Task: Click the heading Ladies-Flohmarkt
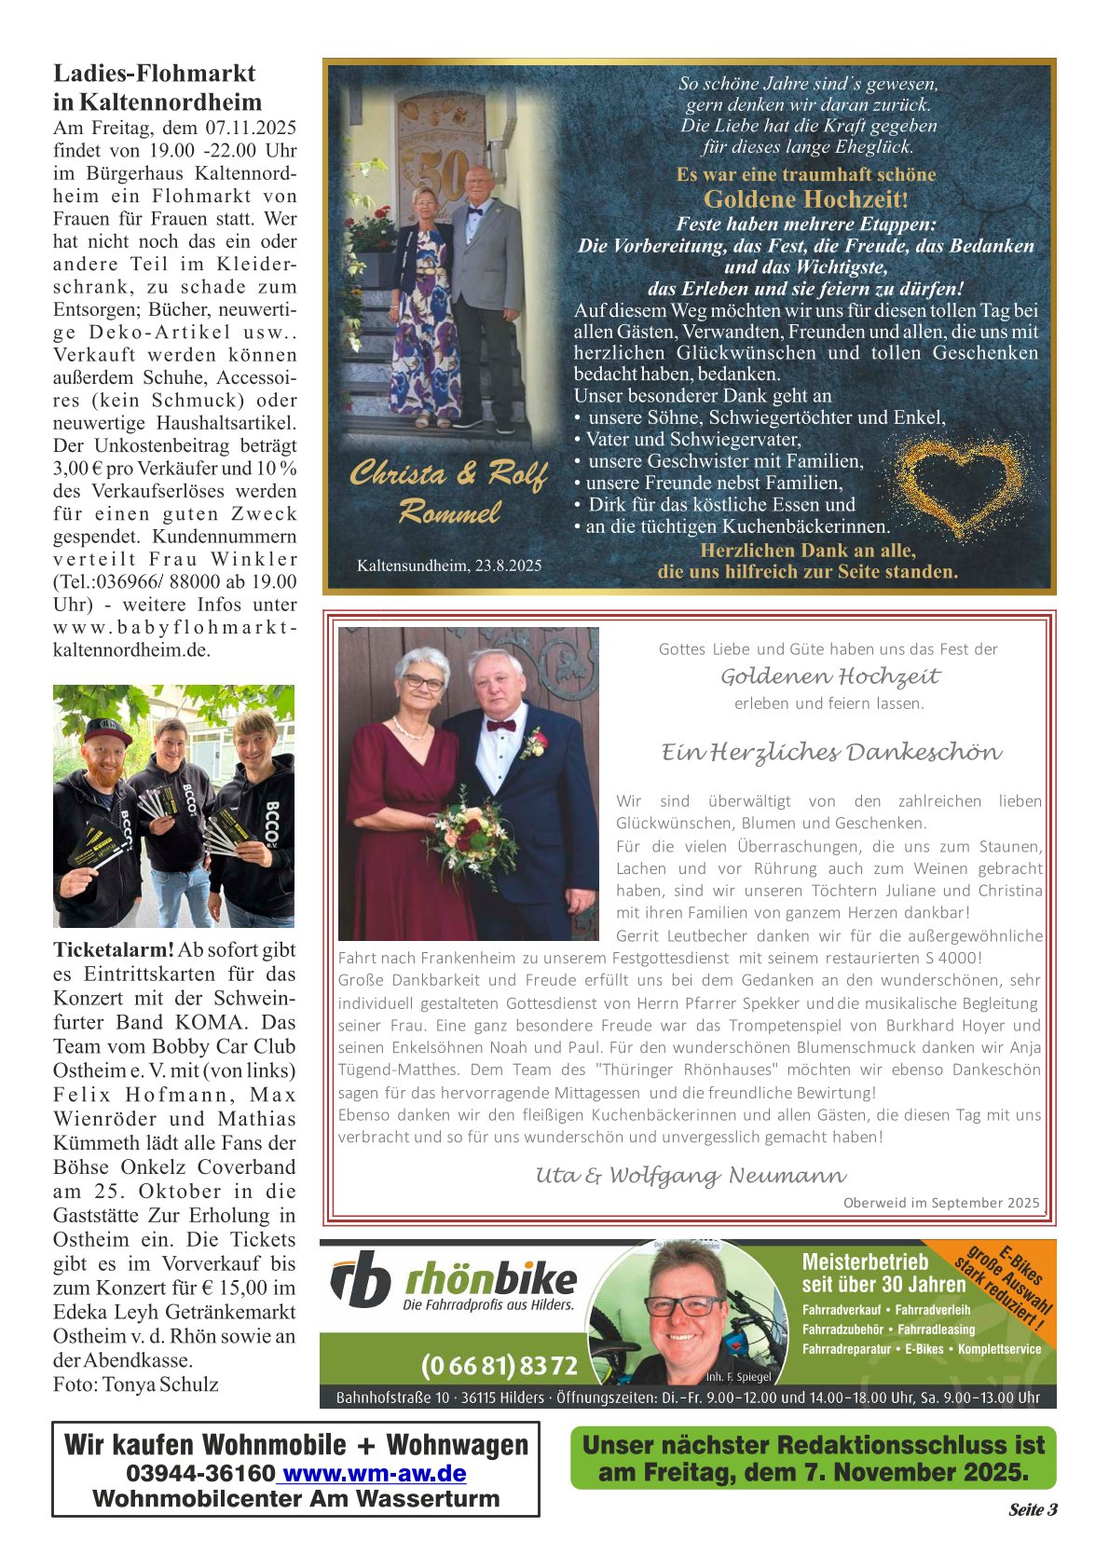154,74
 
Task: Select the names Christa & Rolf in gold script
448,474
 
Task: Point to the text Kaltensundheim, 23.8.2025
449,566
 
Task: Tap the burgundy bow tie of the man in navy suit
500,725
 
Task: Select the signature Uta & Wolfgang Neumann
691,1175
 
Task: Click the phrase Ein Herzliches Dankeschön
831,752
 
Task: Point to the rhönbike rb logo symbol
361,1280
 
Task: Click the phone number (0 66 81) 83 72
499,1366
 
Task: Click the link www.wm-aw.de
373,1473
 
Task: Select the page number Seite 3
1033,1509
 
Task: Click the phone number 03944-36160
200,1473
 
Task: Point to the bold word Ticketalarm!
114,950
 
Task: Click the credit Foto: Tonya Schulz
136,1384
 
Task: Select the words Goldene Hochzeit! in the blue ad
805,198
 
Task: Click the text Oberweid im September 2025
941,1203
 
